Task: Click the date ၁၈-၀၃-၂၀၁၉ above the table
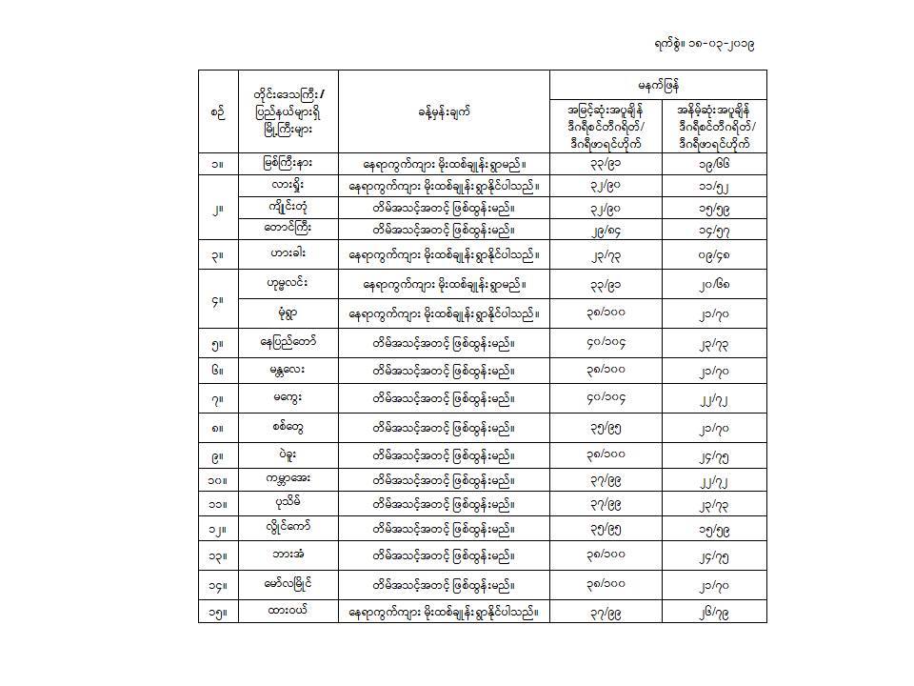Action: (720, 44)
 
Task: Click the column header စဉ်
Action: (218, 111)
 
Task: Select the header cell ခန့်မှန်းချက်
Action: (444, 111)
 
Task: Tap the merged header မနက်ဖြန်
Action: (658, 83)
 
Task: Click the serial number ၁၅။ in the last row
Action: (218, 611)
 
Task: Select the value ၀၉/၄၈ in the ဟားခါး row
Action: (714, 255)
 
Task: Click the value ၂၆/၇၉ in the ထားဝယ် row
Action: (714, 611)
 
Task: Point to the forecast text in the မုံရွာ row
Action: (444, 313)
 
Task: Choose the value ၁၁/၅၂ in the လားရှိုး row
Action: (714, 186)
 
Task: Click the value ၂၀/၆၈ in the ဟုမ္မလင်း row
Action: (714, 284)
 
